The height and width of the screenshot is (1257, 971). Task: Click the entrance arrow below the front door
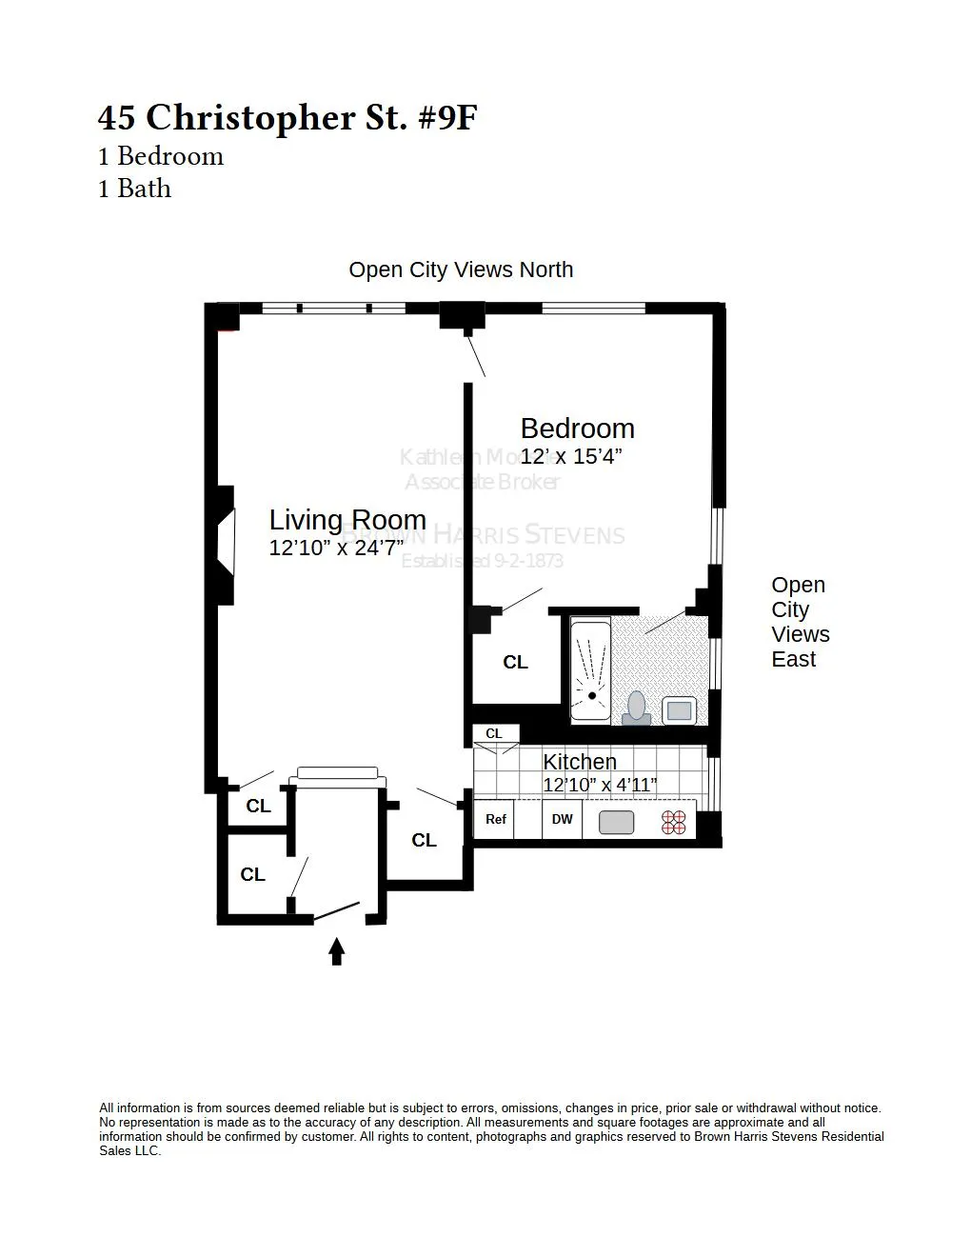[x=336, y=951]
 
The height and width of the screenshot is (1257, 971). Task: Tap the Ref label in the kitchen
[x=495, y=819]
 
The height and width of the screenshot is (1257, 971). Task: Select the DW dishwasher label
[x=563, y=819]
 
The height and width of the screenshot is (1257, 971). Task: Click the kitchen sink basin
[x=617, y=822]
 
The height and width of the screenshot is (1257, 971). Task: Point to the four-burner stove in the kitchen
[x=674, y=823]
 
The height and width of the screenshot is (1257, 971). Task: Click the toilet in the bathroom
[x=636, y=708]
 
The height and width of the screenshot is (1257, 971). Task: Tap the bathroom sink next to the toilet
[x=680, y=709]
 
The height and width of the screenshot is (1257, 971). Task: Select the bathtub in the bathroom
[x=590, y=670]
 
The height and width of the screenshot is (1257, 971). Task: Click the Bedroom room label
[x=577, y=429]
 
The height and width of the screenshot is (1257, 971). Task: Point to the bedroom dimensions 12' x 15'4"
[x=571, y=457]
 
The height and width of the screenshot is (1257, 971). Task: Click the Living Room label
[x=347, y=520]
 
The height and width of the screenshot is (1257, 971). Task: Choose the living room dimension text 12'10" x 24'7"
[x=336, y=549]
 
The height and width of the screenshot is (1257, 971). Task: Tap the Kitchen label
[x=580, y=762]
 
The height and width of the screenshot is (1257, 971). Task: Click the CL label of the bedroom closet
[x=515, y=662]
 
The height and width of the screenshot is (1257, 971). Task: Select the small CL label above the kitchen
[x=494, y=733]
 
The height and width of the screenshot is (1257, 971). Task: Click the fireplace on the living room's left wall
[x=226, y=545]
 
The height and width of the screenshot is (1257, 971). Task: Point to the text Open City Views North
[x=461, y=269]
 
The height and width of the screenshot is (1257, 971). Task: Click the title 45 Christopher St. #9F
[x=287, y=117]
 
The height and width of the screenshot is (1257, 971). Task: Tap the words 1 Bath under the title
[x=135, y=189]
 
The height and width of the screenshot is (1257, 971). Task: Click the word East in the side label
[x=793, y=660]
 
